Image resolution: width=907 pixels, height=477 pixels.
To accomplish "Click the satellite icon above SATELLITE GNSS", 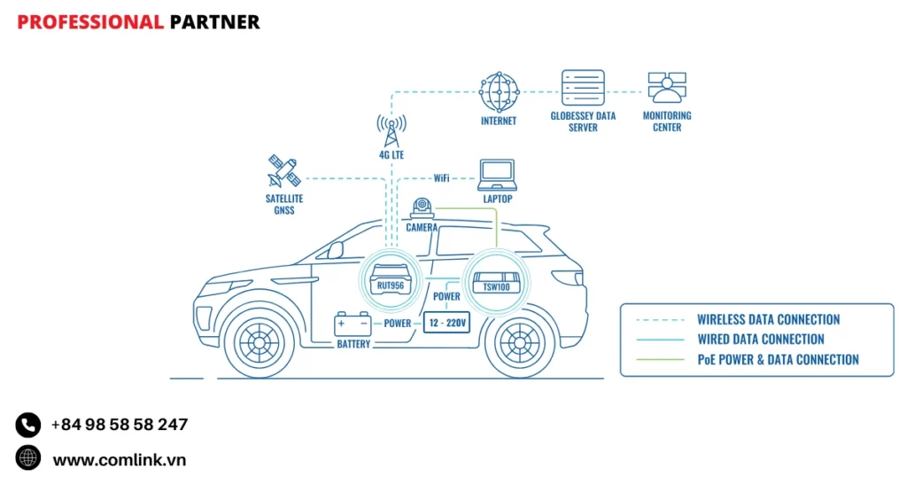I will [x=284, y=172].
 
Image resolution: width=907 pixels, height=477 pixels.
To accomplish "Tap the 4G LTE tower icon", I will [x=391, y=131].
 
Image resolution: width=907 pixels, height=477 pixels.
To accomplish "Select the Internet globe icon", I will [x=499, y=92].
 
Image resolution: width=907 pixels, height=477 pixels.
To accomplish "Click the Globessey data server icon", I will [x=583, y=89].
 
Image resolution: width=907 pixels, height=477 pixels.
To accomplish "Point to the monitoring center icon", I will [x=667, y=89].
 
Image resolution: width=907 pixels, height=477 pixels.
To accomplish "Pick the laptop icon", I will [x=497, y=175].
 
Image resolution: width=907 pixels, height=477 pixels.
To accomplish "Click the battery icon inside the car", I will [x=353, y=325].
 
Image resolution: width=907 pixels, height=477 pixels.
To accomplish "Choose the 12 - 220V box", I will [x=445, y=324].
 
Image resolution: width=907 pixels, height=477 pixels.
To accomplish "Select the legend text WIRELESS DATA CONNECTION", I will [x=768, y=319].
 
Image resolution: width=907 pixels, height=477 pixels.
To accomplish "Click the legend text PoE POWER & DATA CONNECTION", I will [x=778, y=359].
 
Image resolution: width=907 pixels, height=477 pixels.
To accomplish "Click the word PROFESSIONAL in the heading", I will [x=90, y=22].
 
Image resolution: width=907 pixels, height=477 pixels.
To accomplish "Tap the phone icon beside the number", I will [x=28, y=425].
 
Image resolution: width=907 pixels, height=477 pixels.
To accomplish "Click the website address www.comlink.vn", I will [x=119, y=460].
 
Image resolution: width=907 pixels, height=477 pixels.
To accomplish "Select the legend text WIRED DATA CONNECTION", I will [x=760, y=339].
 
